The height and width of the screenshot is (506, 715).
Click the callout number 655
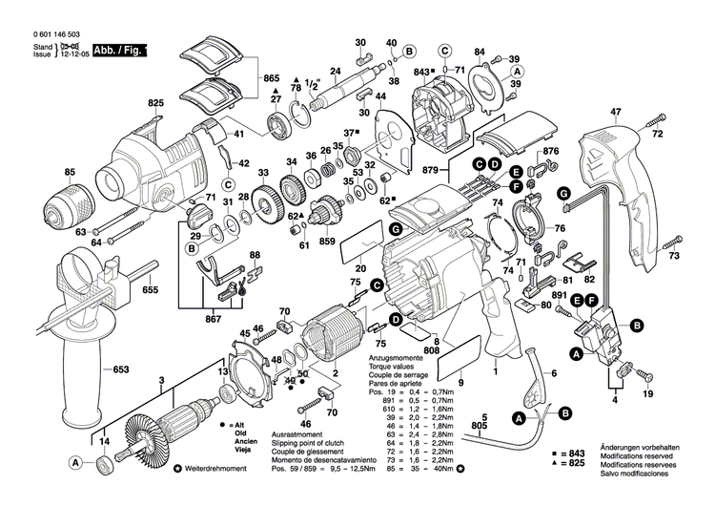coord(151,289)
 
